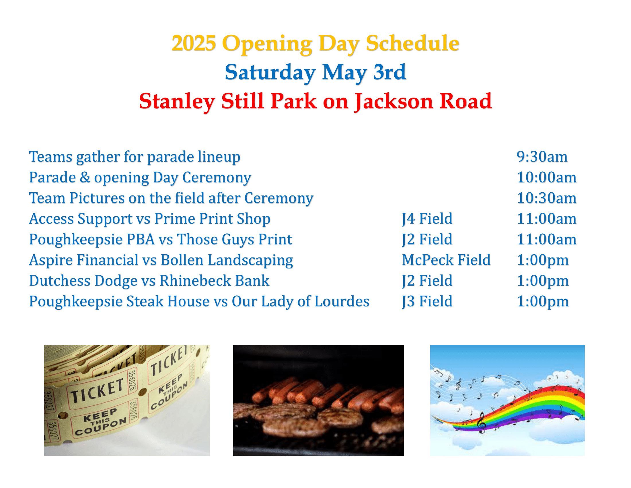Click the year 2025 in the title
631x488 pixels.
coord(194,43)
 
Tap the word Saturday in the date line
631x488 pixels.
coord(270,72)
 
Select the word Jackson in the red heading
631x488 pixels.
coord(394,101)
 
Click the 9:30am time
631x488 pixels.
coord(542,157)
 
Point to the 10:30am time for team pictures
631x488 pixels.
coord(546,198)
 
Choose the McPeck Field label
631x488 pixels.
coord(446,260)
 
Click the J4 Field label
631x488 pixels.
coord(427,219)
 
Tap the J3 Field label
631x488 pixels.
coord(427,301)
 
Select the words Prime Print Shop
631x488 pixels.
coord(212,219)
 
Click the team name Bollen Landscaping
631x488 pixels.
coord(227,260)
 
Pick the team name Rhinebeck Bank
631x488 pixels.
coord(214,281)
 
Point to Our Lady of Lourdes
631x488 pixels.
coord(301,301)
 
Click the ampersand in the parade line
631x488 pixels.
coord(85,177)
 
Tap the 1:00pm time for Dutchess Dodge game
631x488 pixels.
coord(543,281)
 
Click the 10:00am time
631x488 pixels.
coord(546,177)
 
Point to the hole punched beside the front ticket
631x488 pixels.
coord(143,392)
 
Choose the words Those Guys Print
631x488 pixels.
coord(235,240)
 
